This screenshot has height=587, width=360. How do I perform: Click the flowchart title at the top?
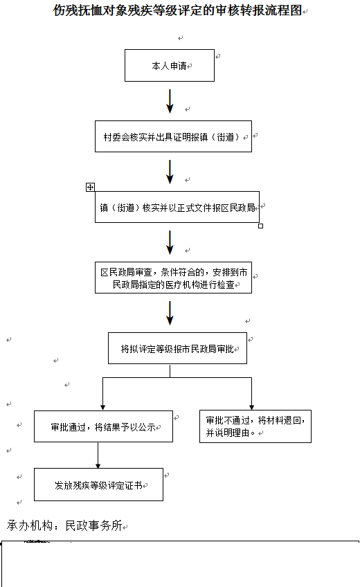pos(177,10)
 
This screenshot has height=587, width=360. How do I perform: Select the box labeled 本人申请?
pos(170,66)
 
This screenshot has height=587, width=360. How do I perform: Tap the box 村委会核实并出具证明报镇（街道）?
pos(173,136)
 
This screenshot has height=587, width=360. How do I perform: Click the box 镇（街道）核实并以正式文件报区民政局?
pos(177,207)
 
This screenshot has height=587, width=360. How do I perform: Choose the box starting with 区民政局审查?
pos(173,278)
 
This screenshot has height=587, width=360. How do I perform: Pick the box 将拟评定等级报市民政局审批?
pos(177,348)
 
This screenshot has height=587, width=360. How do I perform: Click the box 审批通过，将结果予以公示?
pos(103,426)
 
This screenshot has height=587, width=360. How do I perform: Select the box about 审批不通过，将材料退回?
pos(255,426)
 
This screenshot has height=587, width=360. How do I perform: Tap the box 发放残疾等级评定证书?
pos(98,485)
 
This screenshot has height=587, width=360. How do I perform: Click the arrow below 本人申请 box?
pos(170,101)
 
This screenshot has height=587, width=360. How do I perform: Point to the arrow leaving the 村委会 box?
pos(170,172)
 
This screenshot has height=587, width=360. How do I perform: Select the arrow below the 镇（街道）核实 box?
pos(170,242)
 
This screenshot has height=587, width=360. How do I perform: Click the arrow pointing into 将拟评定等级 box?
pos(170,313)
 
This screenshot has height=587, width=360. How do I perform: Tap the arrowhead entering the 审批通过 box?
pos(103,408)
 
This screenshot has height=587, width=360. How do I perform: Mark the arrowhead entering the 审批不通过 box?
pos(251,407)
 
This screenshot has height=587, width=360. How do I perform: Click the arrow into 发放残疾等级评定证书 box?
pos(98,455)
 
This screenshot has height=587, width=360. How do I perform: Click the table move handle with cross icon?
pos(90,187)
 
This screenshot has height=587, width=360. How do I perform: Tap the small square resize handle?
pos(261,226)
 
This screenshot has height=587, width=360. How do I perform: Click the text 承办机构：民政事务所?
pos(64,525)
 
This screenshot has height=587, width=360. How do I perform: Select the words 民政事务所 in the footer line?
pos(94,525)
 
